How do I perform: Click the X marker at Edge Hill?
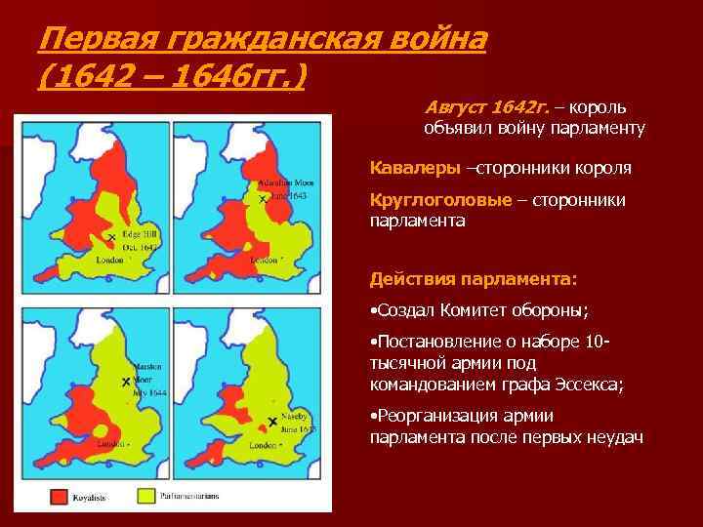(112, 237)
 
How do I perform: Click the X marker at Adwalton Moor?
(262, 199)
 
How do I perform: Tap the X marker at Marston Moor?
(126, 382)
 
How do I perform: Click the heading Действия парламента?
(474, 280)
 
